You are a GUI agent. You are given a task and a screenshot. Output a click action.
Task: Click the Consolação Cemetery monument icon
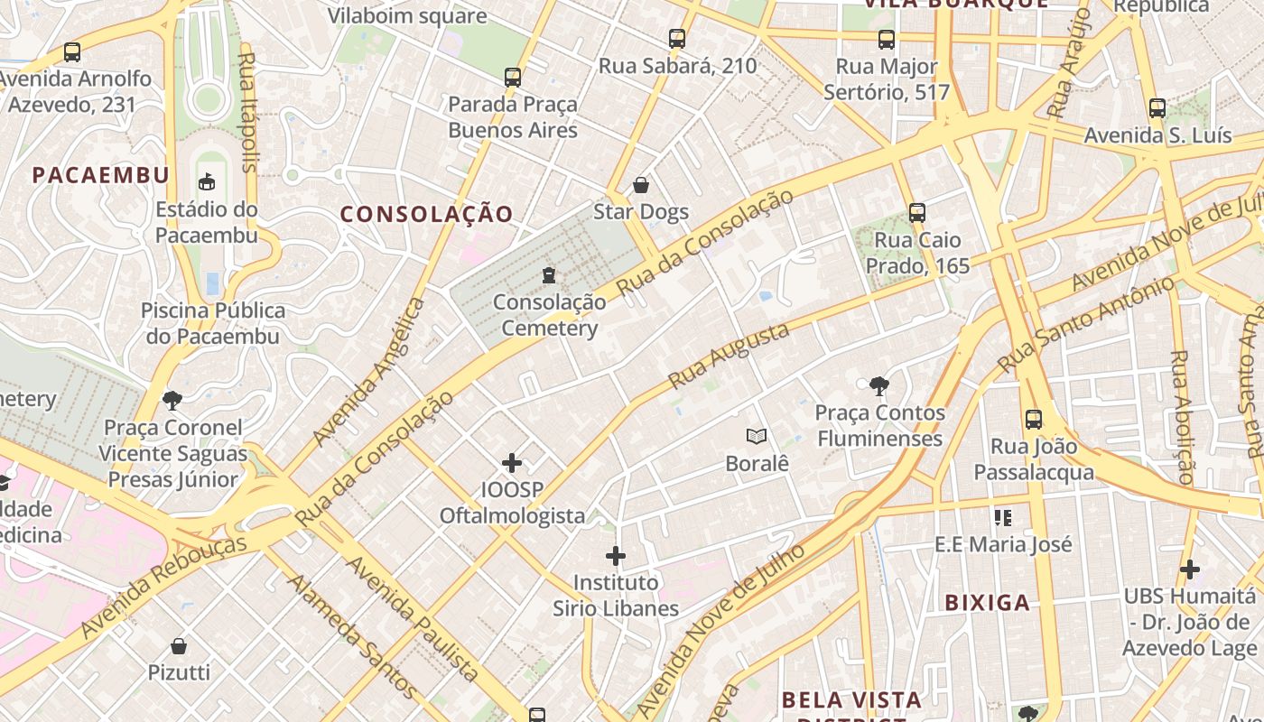point(548,274)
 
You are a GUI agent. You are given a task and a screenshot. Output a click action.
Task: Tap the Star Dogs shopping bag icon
point(641,185)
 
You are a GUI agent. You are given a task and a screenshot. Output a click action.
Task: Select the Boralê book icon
point(757,437)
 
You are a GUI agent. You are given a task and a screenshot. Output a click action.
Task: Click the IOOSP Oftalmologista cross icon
point(512,463)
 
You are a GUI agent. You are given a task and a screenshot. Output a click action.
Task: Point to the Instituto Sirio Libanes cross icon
point(616,555)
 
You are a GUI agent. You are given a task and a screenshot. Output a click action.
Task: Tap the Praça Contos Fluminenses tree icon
point(878,387)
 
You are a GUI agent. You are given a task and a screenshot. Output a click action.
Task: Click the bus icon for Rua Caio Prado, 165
point(917,213)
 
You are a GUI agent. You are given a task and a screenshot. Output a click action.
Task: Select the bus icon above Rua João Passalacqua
point(1034,420)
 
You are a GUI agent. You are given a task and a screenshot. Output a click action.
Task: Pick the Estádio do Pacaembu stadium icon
point(207,181)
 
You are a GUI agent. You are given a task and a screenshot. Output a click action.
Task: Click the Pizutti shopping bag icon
point(179,645)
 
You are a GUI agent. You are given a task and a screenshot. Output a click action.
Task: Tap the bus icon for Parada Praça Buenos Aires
point(513,77)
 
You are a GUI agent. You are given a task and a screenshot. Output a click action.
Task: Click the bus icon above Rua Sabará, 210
point(677,38)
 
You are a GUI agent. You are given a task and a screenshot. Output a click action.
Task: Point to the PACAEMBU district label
point(101,175)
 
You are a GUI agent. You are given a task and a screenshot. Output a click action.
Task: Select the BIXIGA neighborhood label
point(987,603)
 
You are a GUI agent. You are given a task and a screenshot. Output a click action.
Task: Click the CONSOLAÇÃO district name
point(427,214)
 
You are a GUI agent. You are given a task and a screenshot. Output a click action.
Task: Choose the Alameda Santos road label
point(352,635)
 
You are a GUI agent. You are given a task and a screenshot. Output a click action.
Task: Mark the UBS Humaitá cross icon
point(1190,569)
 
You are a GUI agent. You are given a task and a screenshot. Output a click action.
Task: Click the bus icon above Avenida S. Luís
point(1157,108)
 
